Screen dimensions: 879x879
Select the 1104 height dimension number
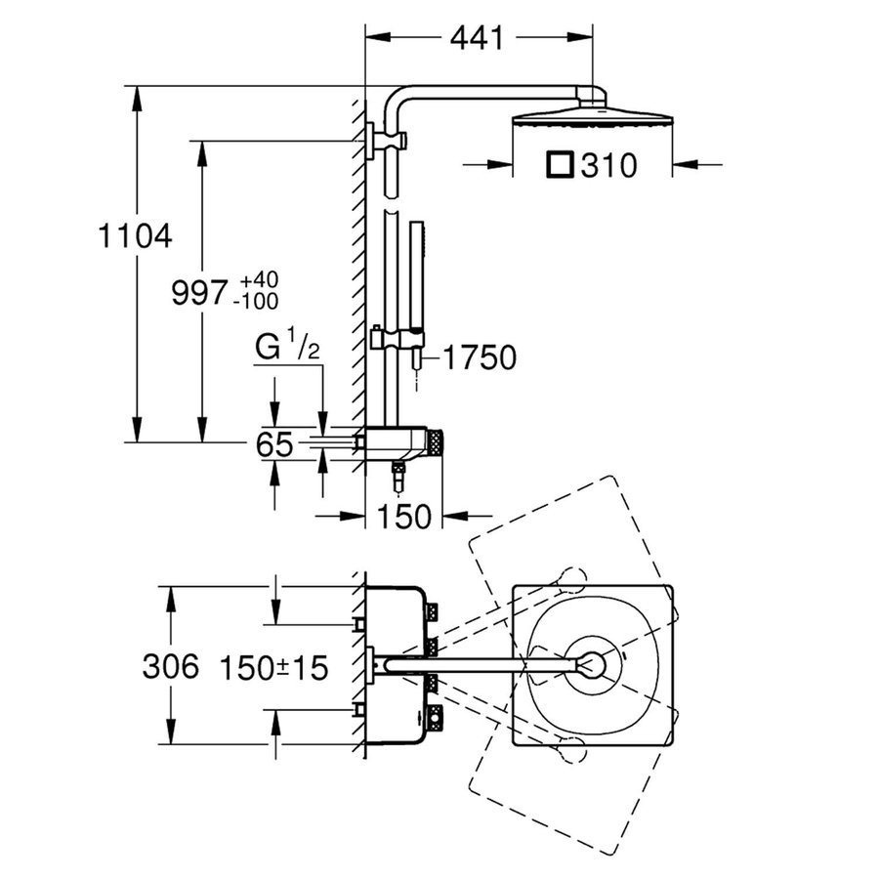(136, 235)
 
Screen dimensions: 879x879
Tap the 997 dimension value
(201, 292)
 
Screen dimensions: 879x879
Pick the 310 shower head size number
(607, 166)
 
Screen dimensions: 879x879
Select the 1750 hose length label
(478, 358)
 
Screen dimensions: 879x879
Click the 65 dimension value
(275, 445)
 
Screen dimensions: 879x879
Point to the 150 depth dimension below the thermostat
(404, 517)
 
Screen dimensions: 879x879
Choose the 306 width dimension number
(171, 667)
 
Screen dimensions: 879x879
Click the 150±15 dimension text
(272, 667)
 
